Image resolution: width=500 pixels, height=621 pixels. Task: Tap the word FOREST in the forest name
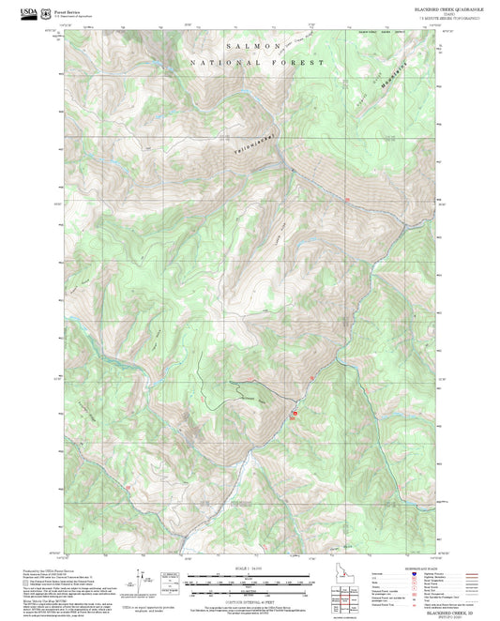[x=298, y=62]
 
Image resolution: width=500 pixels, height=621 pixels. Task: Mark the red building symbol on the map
[x=293, y=413]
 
